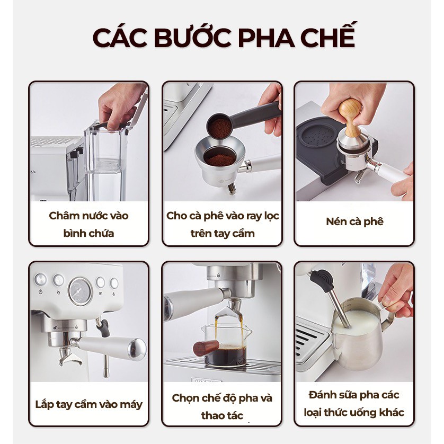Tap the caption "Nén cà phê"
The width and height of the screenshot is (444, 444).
pyautogui.click(x=354, y=221)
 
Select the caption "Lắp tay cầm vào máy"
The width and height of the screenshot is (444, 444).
pyautogui.click(x=88, y=404)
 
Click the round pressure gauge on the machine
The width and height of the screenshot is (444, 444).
pyautogui.click(x=81, y=291)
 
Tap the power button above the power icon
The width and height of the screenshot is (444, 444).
pyautogui.click(x=40, y=279)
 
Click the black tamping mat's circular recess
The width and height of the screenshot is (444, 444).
pyautogui.click(x=318, y=136)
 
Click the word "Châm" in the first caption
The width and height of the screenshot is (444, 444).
pyautogui.click(x=64, y=216)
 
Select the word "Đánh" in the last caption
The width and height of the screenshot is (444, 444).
pyautogui.click(x=322, y=395)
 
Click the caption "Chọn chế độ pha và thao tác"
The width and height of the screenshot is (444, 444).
pyautogui.click(x=222, y=406)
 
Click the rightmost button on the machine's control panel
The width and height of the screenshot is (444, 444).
pyautogui.click(x=114, y=283)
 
